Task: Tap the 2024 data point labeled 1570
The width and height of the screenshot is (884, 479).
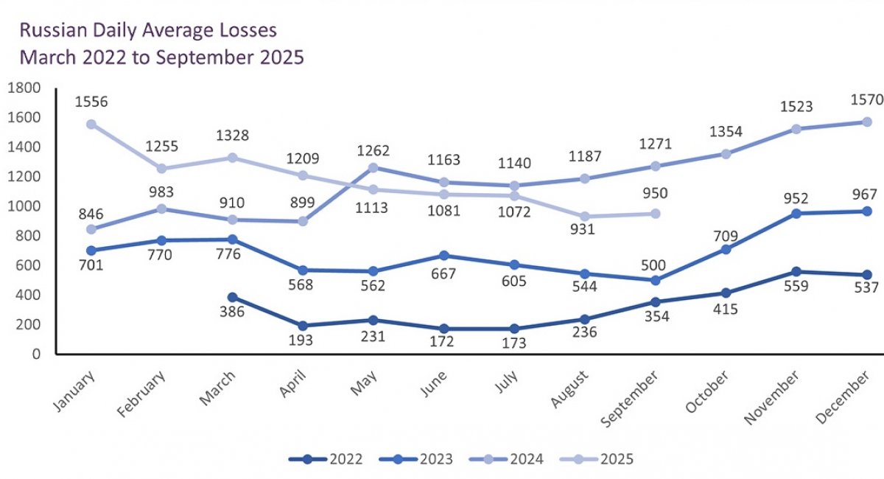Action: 867,122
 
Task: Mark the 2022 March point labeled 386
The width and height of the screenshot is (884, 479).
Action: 232,297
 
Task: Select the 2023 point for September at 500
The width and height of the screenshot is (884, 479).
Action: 656,280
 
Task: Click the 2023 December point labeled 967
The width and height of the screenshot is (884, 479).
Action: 867,211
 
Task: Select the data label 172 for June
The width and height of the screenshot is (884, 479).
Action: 443,340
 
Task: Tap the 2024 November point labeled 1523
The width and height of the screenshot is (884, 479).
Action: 796,129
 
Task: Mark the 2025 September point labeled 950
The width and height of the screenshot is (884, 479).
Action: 656,213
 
